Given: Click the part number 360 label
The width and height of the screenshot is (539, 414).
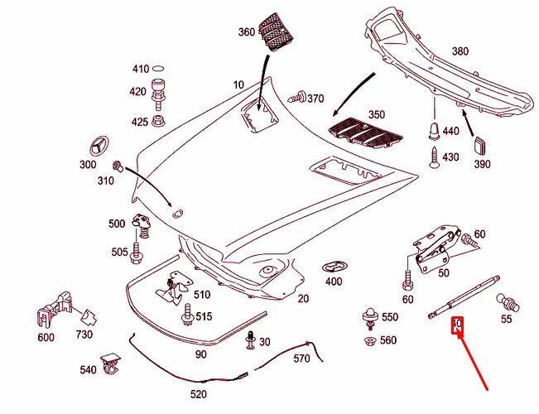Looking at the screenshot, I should coord(247,32).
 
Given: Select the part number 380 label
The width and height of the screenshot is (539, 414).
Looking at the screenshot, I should coord(460,51).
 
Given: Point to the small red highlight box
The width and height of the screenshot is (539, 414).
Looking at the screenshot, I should coord(455,325).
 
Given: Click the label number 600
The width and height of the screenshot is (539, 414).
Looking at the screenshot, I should coord(46,337).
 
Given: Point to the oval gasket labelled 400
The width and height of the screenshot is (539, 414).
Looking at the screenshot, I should coord(333,267).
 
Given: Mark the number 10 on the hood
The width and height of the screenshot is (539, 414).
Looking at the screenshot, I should coord(239,84).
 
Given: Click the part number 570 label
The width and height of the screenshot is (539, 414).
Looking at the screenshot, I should coord(301,359).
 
